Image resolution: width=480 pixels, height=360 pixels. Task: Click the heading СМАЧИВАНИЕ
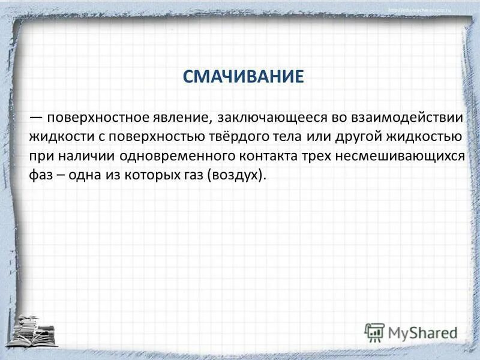click(243, 76)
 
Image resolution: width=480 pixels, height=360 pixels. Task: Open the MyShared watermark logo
click(410, 332)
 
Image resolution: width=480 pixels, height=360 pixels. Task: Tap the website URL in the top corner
click(427, 10)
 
